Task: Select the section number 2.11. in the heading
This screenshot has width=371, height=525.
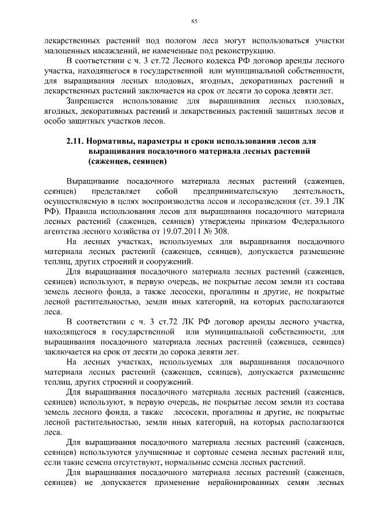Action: point(75,141)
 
